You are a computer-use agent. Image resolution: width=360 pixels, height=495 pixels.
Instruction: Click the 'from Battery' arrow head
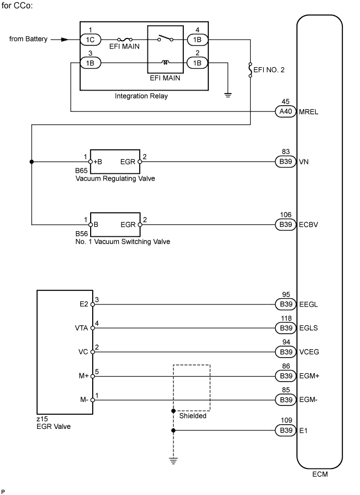point(65,39)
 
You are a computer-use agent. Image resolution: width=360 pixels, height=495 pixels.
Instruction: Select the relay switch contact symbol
point(166,39)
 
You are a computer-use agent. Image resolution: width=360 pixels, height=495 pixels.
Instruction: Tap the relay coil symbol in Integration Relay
point(165,63)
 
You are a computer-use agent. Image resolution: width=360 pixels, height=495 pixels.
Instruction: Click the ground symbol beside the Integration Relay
point(228,95)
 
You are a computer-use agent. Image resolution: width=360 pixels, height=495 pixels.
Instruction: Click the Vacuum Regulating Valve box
point(116,162)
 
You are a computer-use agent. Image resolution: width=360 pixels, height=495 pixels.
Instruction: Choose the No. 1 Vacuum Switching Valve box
point(116,225)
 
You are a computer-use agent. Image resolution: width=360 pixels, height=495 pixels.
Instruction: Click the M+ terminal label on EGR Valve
point(82,376)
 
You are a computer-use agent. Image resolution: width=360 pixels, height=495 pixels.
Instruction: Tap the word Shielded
point(192,416)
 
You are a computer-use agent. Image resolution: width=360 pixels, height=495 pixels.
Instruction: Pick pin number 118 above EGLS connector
point(285,319)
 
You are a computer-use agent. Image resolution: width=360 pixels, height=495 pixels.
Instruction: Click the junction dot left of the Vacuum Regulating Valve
point(32,162)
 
